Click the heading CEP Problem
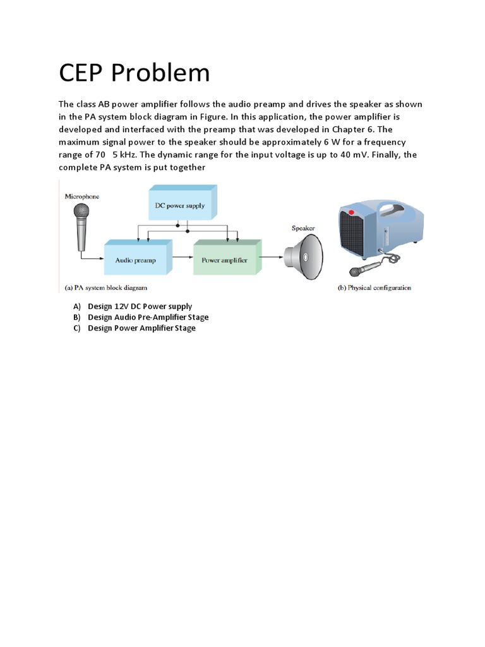pyautogui.click(x=134, y=73)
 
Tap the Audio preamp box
pyautogui.click(x=135, y=260)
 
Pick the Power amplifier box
pyautogui.click(x=224, y=260)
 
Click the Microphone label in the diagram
pyautogui.click(x=83, y=197)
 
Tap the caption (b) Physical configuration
pyautogui.click(x=373, y=287)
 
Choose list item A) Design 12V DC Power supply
pyautogui.click(x=140, y=306)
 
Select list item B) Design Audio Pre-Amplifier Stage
pyautogui.click(x=148, y=317)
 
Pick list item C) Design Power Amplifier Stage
pyautogui.click(x=141, y=328)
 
